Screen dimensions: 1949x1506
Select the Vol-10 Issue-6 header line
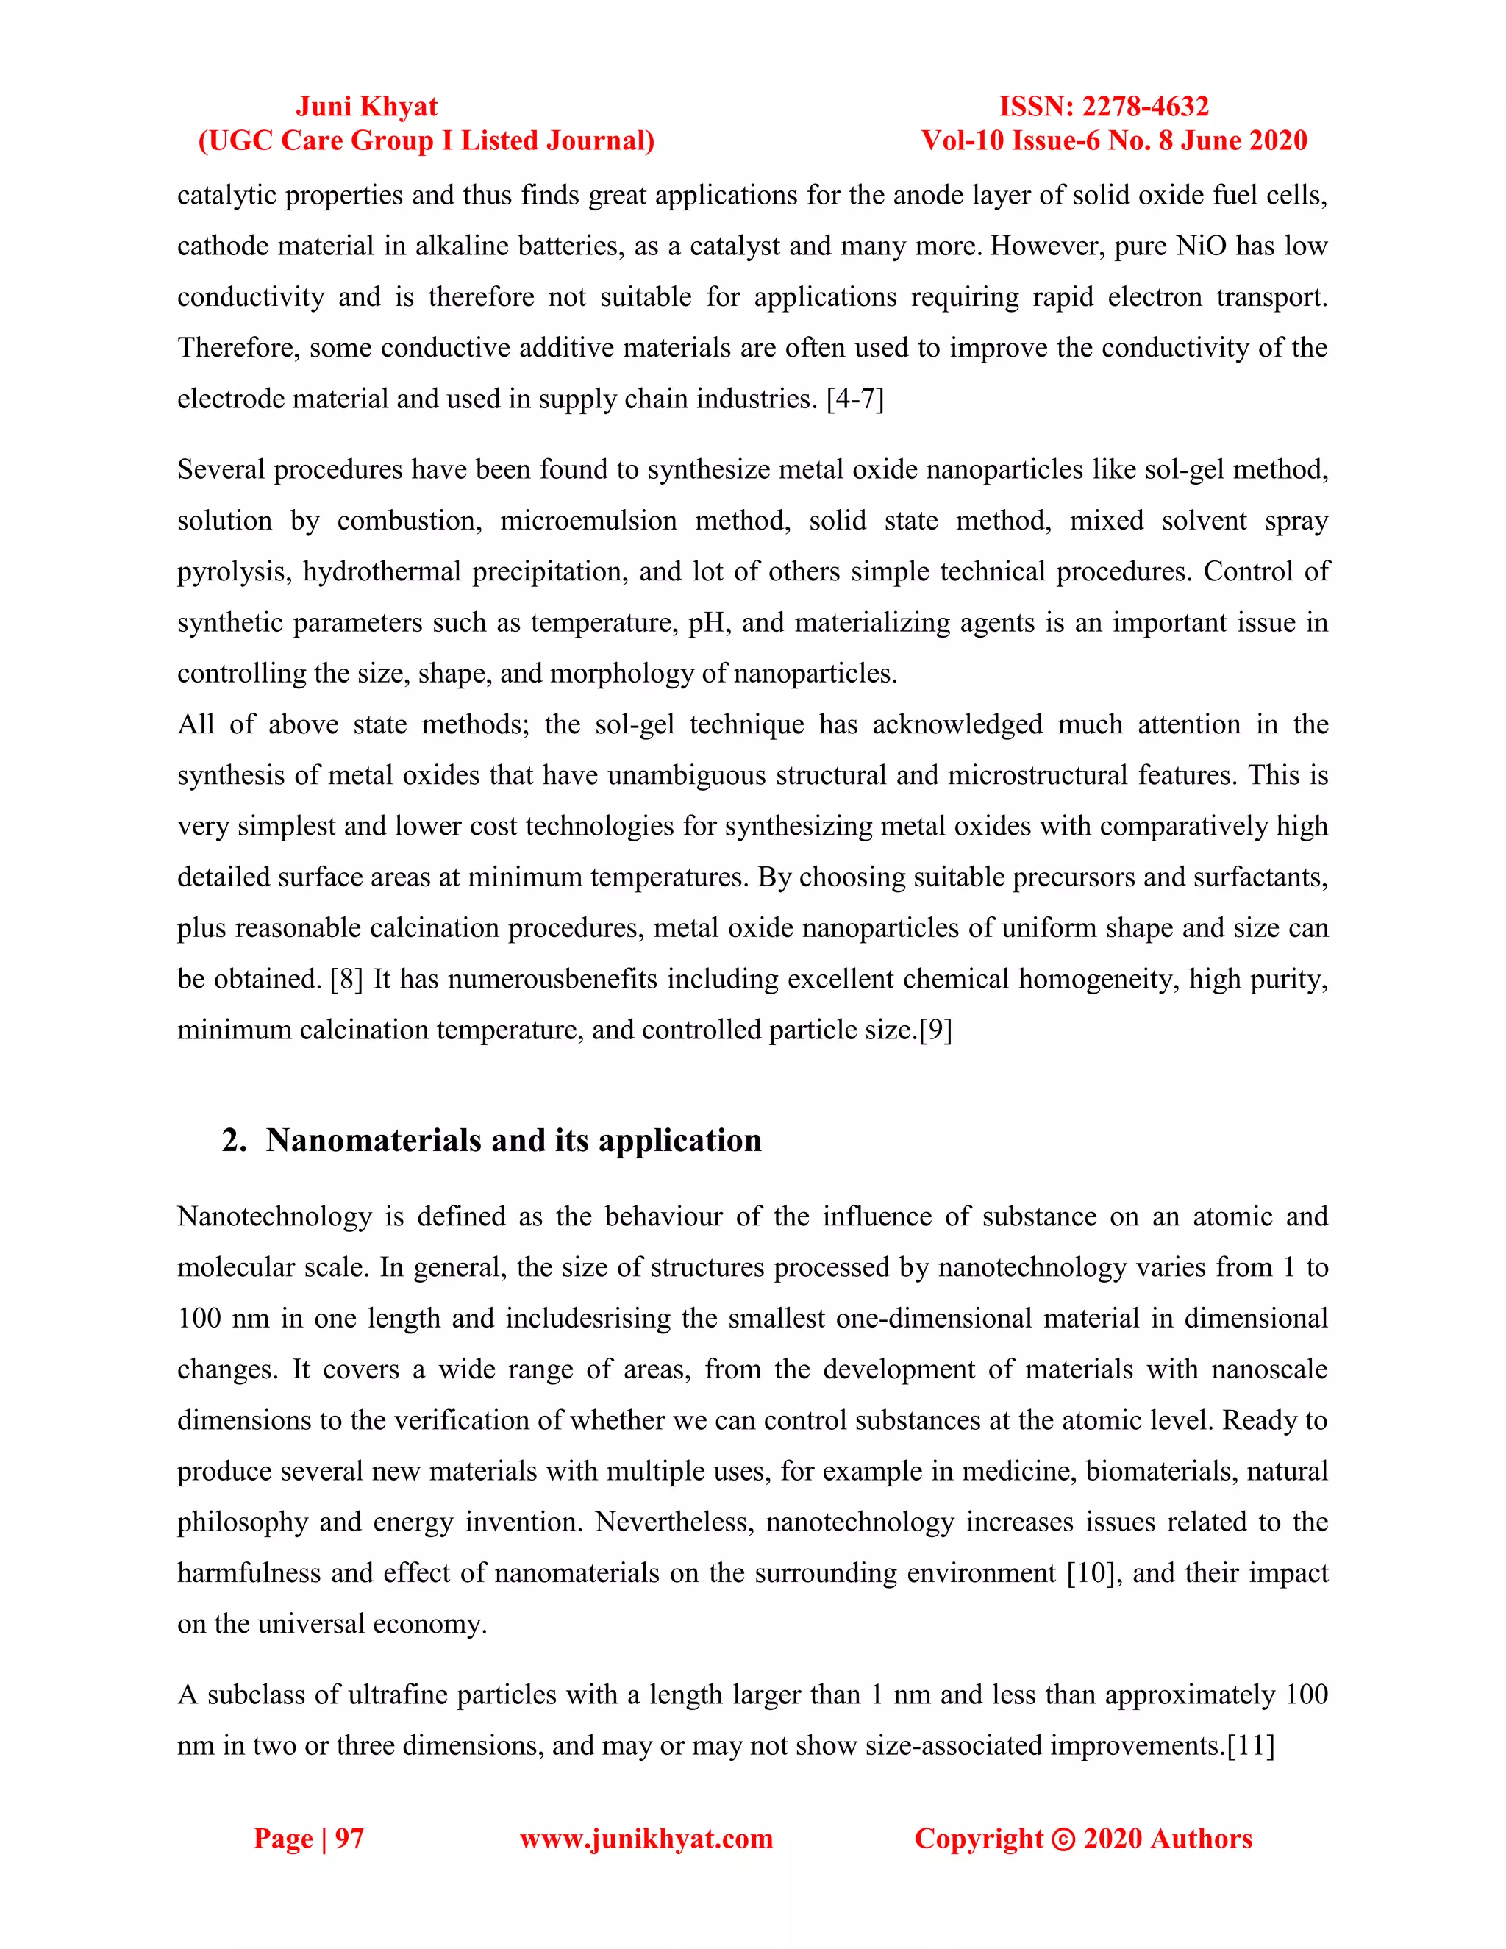1113,141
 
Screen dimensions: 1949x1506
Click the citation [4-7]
854,399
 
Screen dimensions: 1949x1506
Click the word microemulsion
588,521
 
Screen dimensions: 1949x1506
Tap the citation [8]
346,980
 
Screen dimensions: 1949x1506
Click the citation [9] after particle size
935,1030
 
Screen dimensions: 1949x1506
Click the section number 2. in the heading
234,1141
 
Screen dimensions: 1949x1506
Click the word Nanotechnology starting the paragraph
274,1217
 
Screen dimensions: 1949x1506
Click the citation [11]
1250,1745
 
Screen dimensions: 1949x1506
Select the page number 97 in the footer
349,1839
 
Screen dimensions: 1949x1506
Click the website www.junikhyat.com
646,1839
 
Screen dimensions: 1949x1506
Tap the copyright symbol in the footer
1063,1840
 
